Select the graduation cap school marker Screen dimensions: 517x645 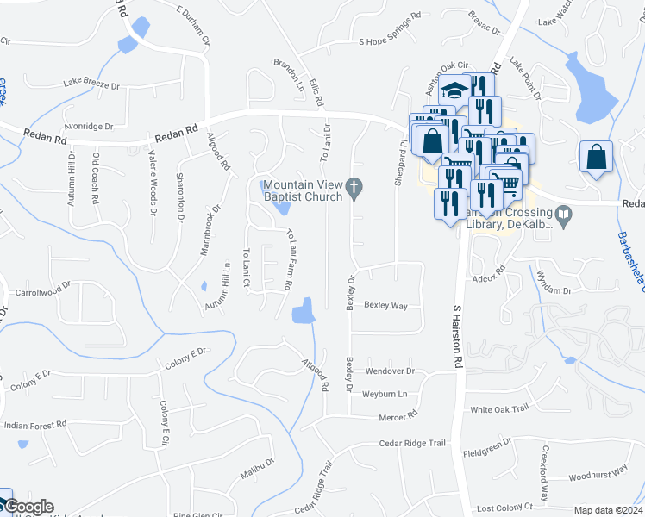(x=453, y=90)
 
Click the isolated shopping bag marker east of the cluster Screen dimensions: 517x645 (x=596, y=158)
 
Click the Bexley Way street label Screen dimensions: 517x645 (x=385, y=305)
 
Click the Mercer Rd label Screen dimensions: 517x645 (x=398, y=415)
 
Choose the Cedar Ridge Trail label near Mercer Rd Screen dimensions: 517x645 (x=412, y=443)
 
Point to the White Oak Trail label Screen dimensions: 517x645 (x=498, y=409)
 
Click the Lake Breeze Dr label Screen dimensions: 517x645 (x=94, y=83)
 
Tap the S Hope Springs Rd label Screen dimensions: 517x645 (x=390, y=40)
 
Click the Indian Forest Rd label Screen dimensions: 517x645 (x=35, y=425)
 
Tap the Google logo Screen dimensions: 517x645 (x=28, y=507)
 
